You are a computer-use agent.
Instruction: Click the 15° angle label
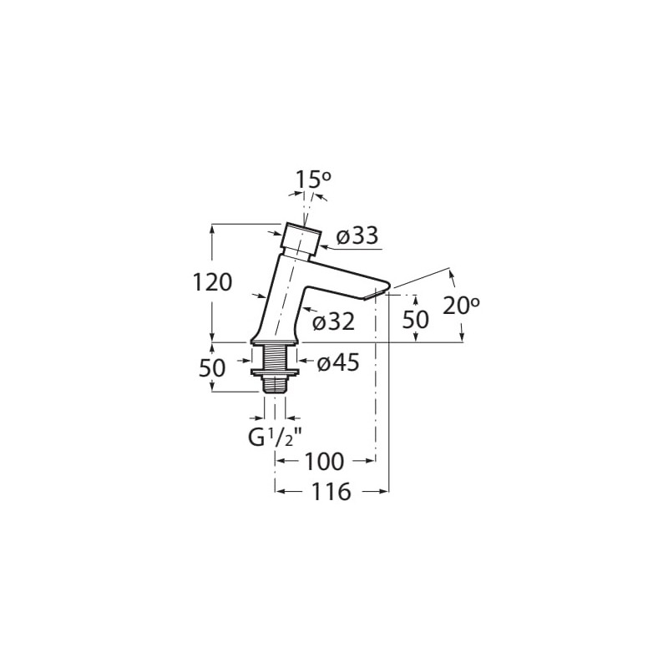click(x=314, y=180)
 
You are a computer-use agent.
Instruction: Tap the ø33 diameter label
click(x=357, y=235)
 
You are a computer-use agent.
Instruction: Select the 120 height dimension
click(x=213, y=282)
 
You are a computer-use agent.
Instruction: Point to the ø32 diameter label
click(x=333, y=322)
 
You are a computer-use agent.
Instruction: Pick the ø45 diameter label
click(x=339, y=362)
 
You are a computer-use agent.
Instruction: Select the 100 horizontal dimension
click(x=324, y=462)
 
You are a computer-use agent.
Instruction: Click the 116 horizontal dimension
click(x=331, y=492)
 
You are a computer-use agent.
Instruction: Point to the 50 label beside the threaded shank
click(x=212, y=368)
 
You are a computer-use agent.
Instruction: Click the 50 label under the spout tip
click(x=415, y=320)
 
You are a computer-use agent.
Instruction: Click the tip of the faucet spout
click(x=388, y=285)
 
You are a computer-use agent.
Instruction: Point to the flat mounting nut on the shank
click(x=275, y=372)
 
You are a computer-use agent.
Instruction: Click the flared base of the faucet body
click(x=275, y=338)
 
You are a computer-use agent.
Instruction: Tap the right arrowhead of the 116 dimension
click(x=384, y=492)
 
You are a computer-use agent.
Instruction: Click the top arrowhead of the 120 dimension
click(x=213, y=229)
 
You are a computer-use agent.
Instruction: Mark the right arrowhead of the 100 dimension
click(x=370, y=461)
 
